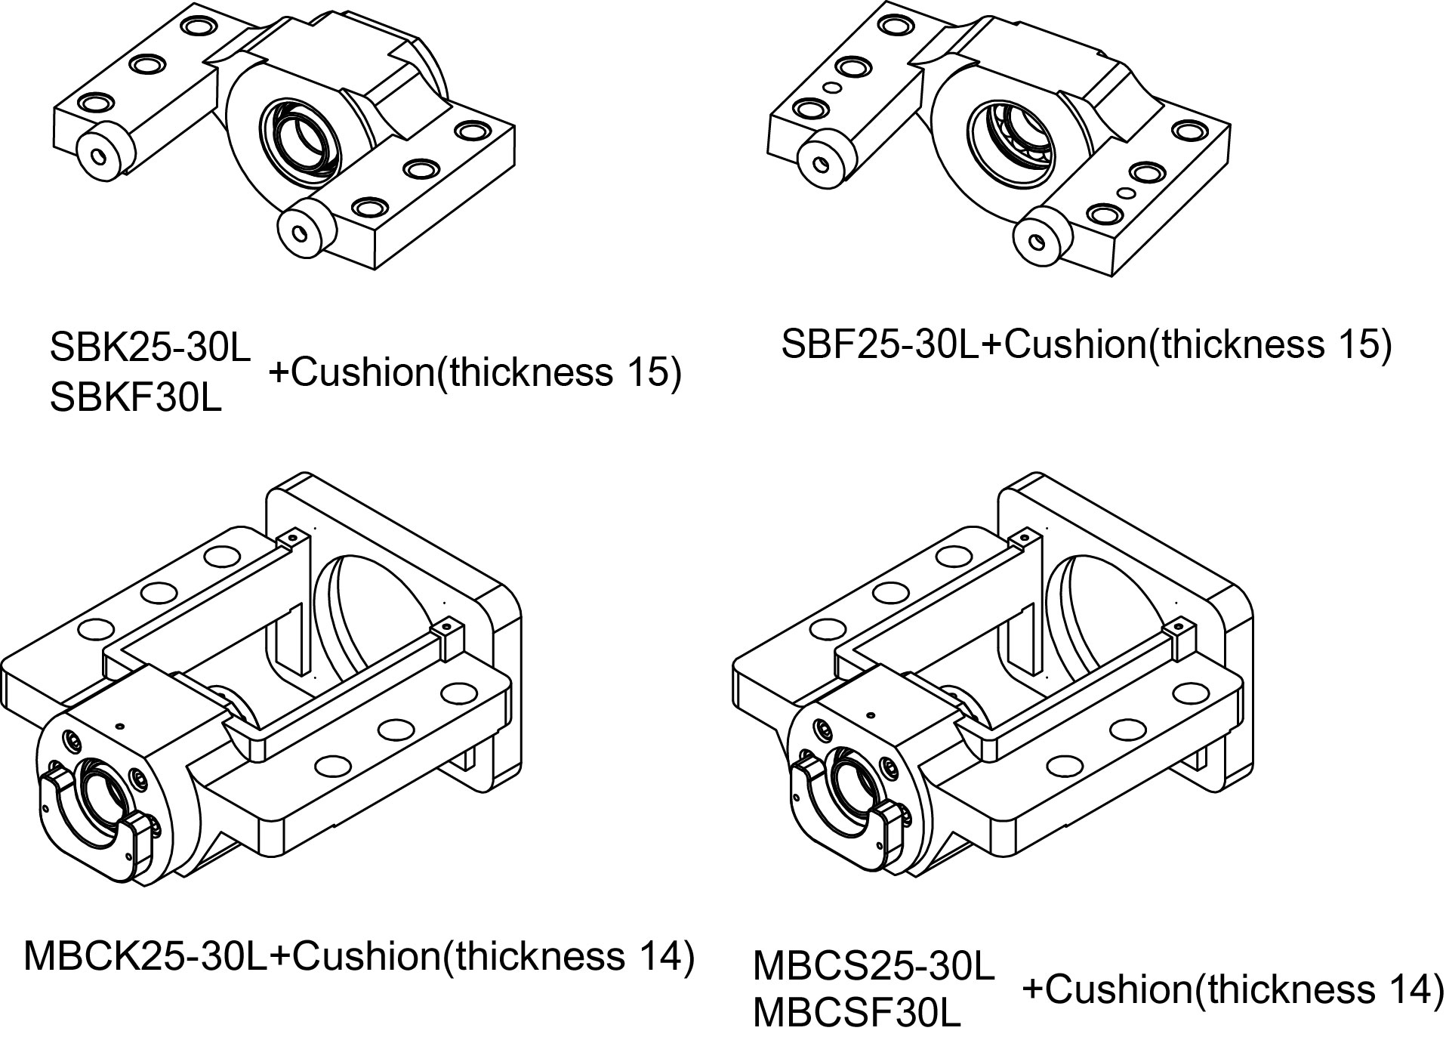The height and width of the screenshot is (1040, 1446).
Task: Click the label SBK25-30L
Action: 150,346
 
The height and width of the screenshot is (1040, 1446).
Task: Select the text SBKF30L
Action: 136,397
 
